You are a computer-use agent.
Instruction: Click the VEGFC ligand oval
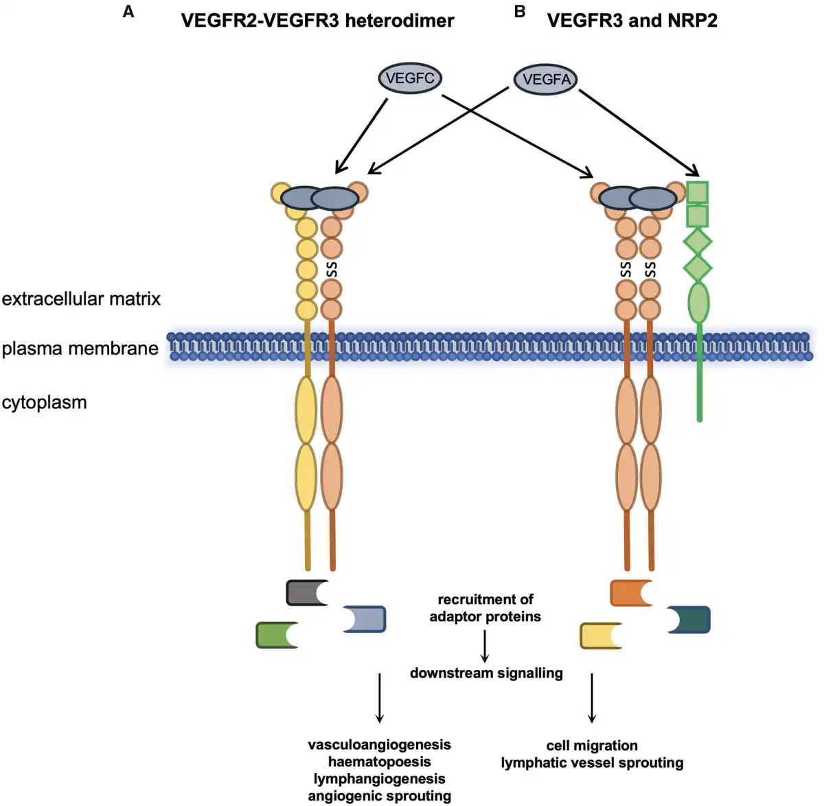(x=410, y=78)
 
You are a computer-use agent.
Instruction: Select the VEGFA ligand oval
(x=546, y=80)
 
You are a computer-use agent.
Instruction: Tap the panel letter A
(x=128, y=12)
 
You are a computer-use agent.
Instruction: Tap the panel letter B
(x=520, y=12)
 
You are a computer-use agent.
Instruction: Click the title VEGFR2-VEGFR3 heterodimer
(x=317, y=21)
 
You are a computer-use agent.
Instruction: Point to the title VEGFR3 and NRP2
(x=632, y=21)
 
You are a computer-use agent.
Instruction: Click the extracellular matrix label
(x=81, y=299)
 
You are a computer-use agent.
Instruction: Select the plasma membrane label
(x=80, y=348)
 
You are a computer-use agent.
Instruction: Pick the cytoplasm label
(x=44, y=402)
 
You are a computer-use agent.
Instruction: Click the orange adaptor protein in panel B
(x=629, y=592)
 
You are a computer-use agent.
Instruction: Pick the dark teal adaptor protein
(x=691, y=619)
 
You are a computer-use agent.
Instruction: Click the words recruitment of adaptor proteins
(x=485, y=608)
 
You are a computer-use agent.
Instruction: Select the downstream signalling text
(x=486, y=673)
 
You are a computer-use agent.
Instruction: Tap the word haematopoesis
(x=379, y=761)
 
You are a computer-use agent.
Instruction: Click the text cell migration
(x=591, y=746)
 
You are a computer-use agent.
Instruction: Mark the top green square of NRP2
(x=698, y=192)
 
